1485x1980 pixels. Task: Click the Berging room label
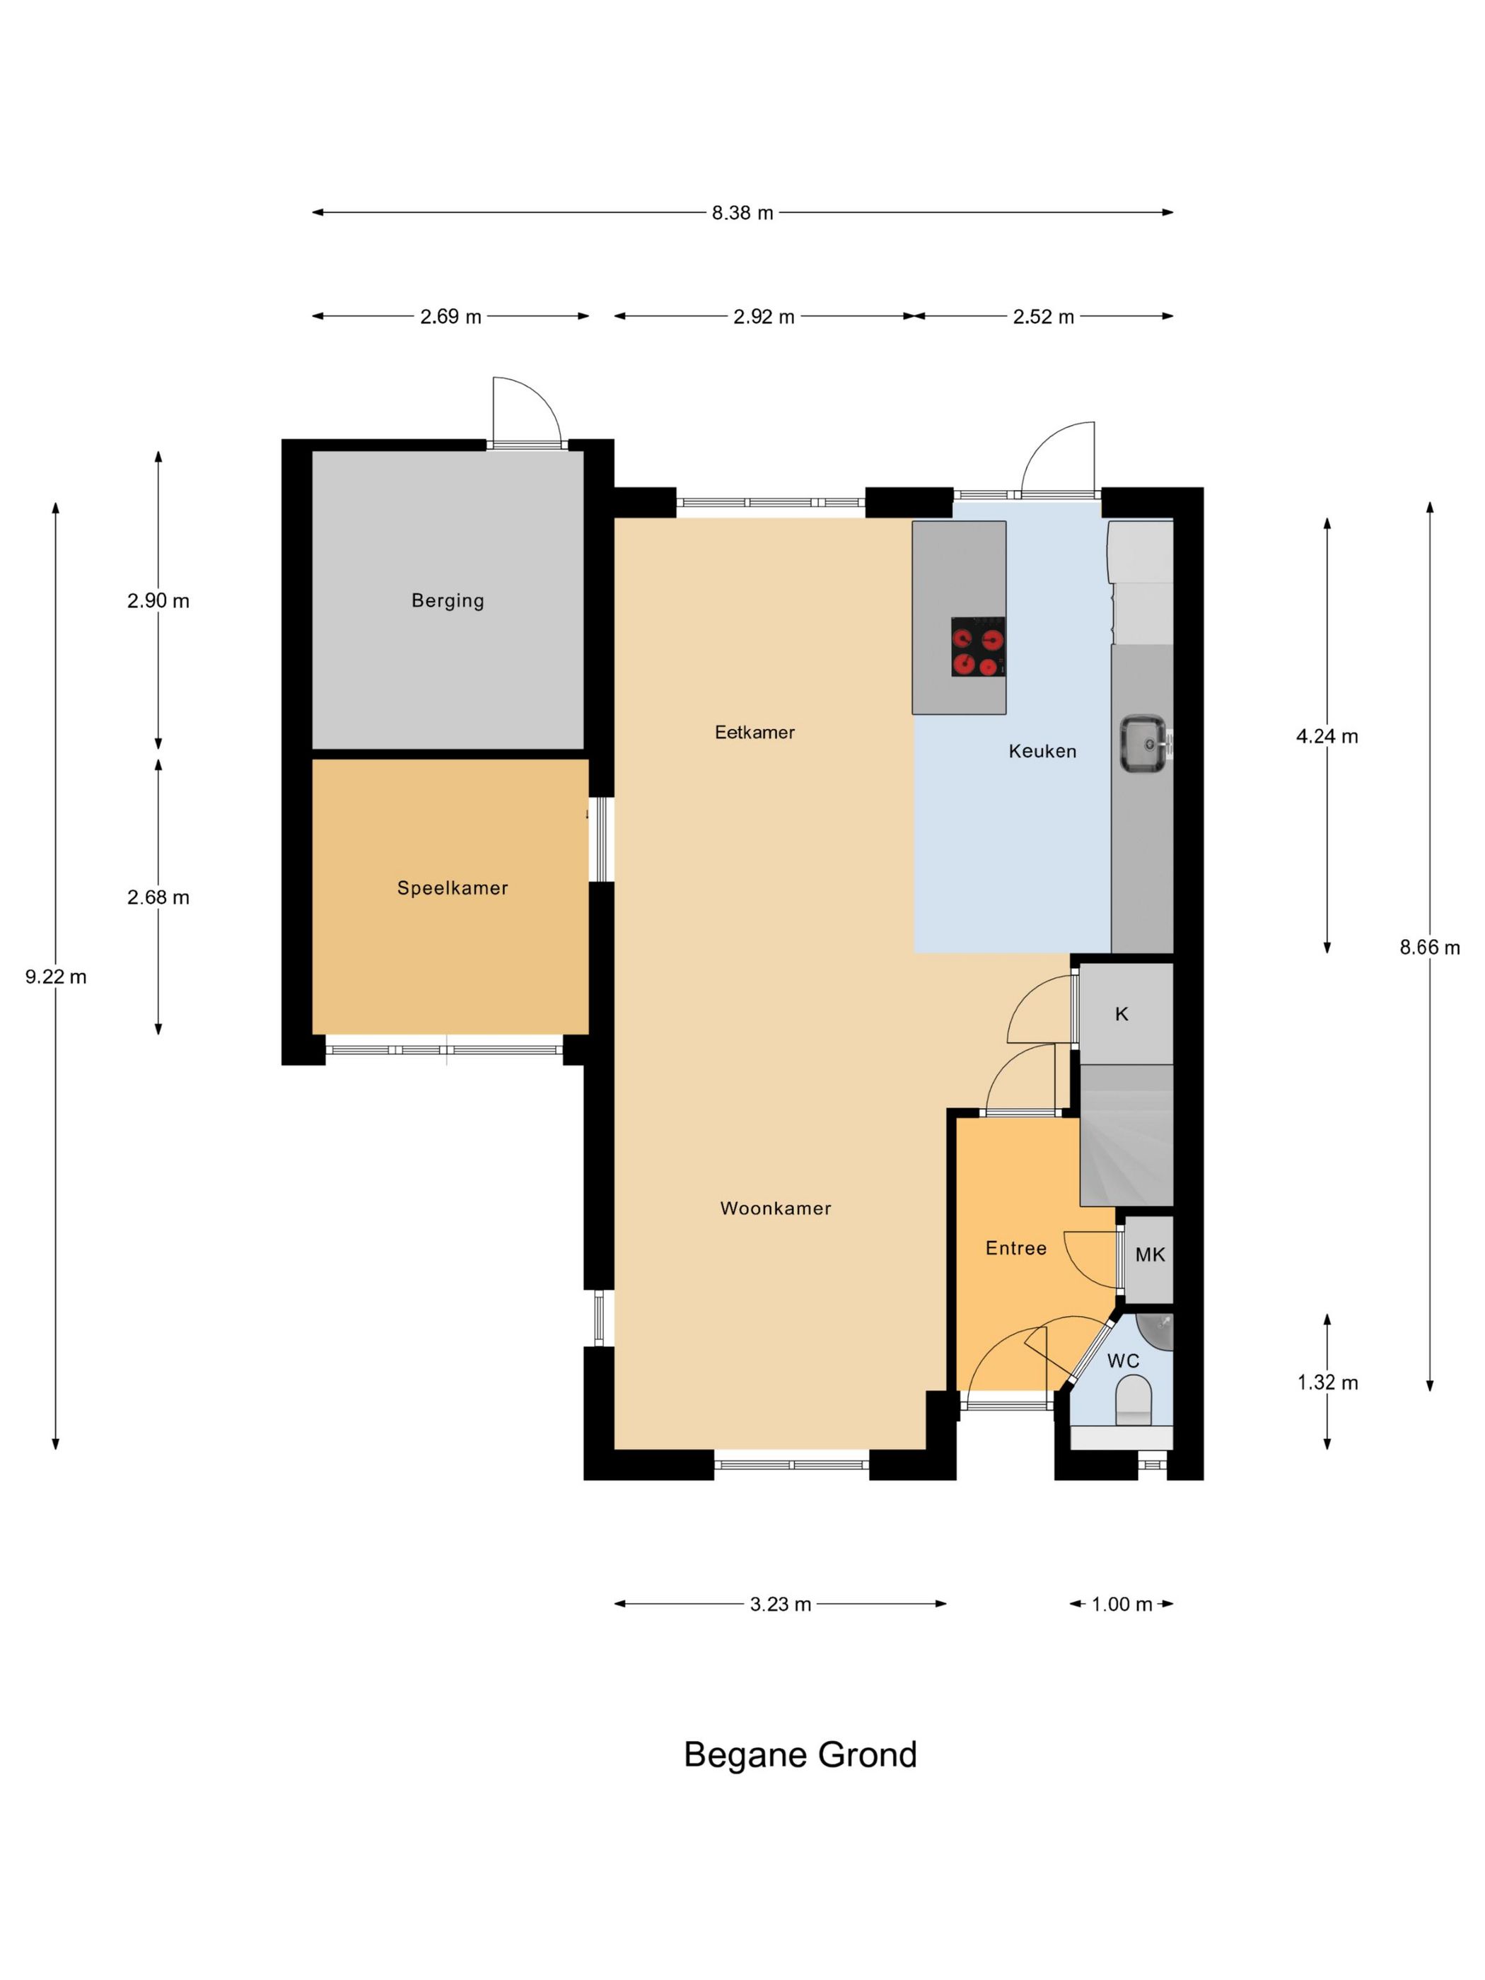point(448,600)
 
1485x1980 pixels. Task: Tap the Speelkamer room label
point(452,888)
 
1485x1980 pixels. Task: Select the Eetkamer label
point(755,732)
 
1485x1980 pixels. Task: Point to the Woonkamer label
point(775,1209)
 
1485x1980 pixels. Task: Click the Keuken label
point(1042,751)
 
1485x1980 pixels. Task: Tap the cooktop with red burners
point(977,646)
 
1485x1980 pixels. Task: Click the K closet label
point(1122,1014)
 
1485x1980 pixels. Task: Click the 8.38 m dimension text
point(742,213)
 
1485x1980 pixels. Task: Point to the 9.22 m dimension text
point(55,977)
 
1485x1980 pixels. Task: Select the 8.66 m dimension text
point(1430,947)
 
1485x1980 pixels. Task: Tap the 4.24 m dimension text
point(1327,737)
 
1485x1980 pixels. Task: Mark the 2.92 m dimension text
point(764,317)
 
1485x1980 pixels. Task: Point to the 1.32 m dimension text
point(1327,1383)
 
